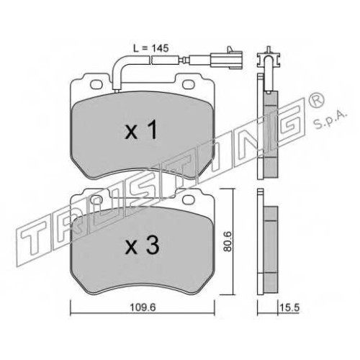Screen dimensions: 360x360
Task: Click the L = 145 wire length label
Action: [151, 48]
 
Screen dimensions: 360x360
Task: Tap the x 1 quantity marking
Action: [142, 130]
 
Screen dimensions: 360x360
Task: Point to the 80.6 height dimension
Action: [227, 241]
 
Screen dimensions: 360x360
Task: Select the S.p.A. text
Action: [330, 120]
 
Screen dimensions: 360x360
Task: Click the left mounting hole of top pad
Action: [96, 84]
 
